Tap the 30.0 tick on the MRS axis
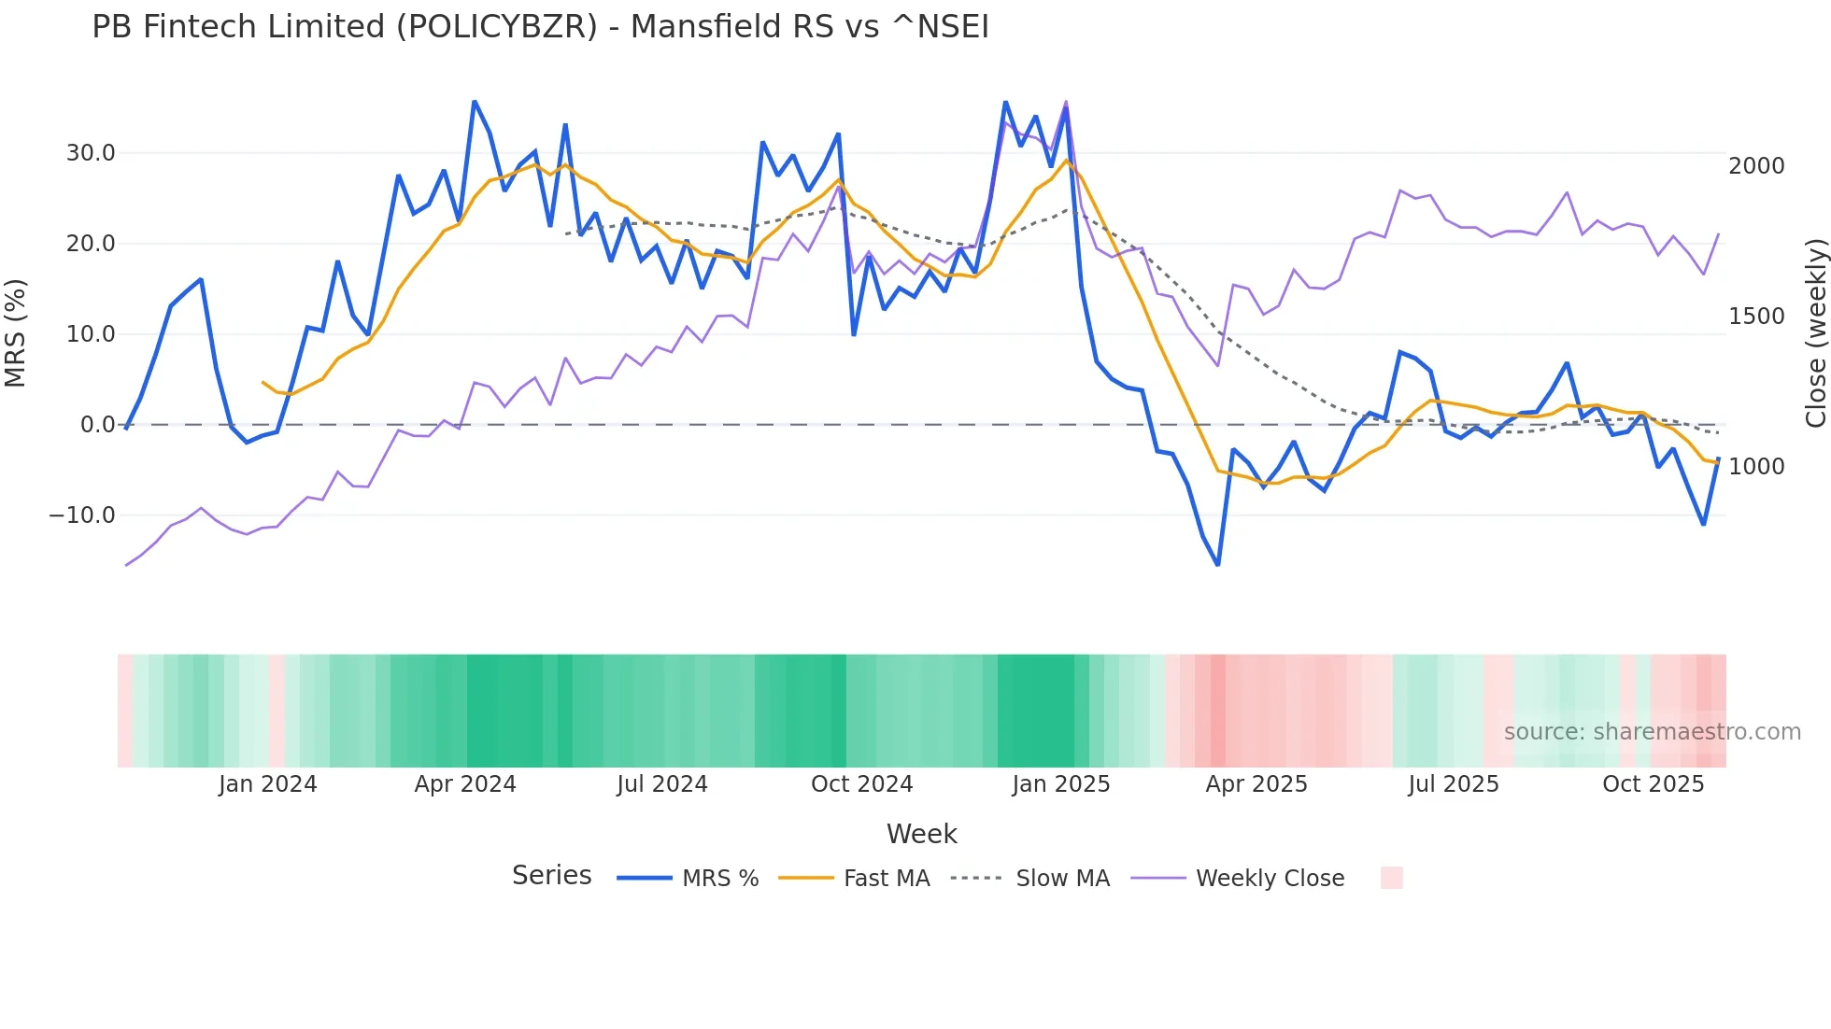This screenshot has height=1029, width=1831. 91,153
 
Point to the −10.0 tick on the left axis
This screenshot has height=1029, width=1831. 82,515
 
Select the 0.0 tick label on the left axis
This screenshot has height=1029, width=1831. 97,425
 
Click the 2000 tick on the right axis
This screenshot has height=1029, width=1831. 1756,166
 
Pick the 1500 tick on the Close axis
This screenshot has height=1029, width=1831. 1756,317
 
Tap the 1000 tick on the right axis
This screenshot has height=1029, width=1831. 1756,467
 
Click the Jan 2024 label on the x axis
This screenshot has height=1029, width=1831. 267,784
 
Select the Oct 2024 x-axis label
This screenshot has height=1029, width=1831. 861,784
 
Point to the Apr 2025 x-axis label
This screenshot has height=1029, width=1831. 1256,784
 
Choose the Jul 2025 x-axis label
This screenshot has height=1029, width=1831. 1454,784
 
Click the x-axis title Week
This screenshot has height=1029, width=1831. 921,834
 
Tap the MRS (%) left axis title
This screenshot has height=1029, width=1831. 16,333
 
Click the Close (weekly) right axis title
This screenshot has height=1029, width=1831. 1815,333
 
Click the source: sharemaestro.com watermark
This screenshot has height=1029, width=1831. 1652,732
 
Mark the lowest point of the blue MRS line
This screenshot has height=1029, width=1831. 1218,565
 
